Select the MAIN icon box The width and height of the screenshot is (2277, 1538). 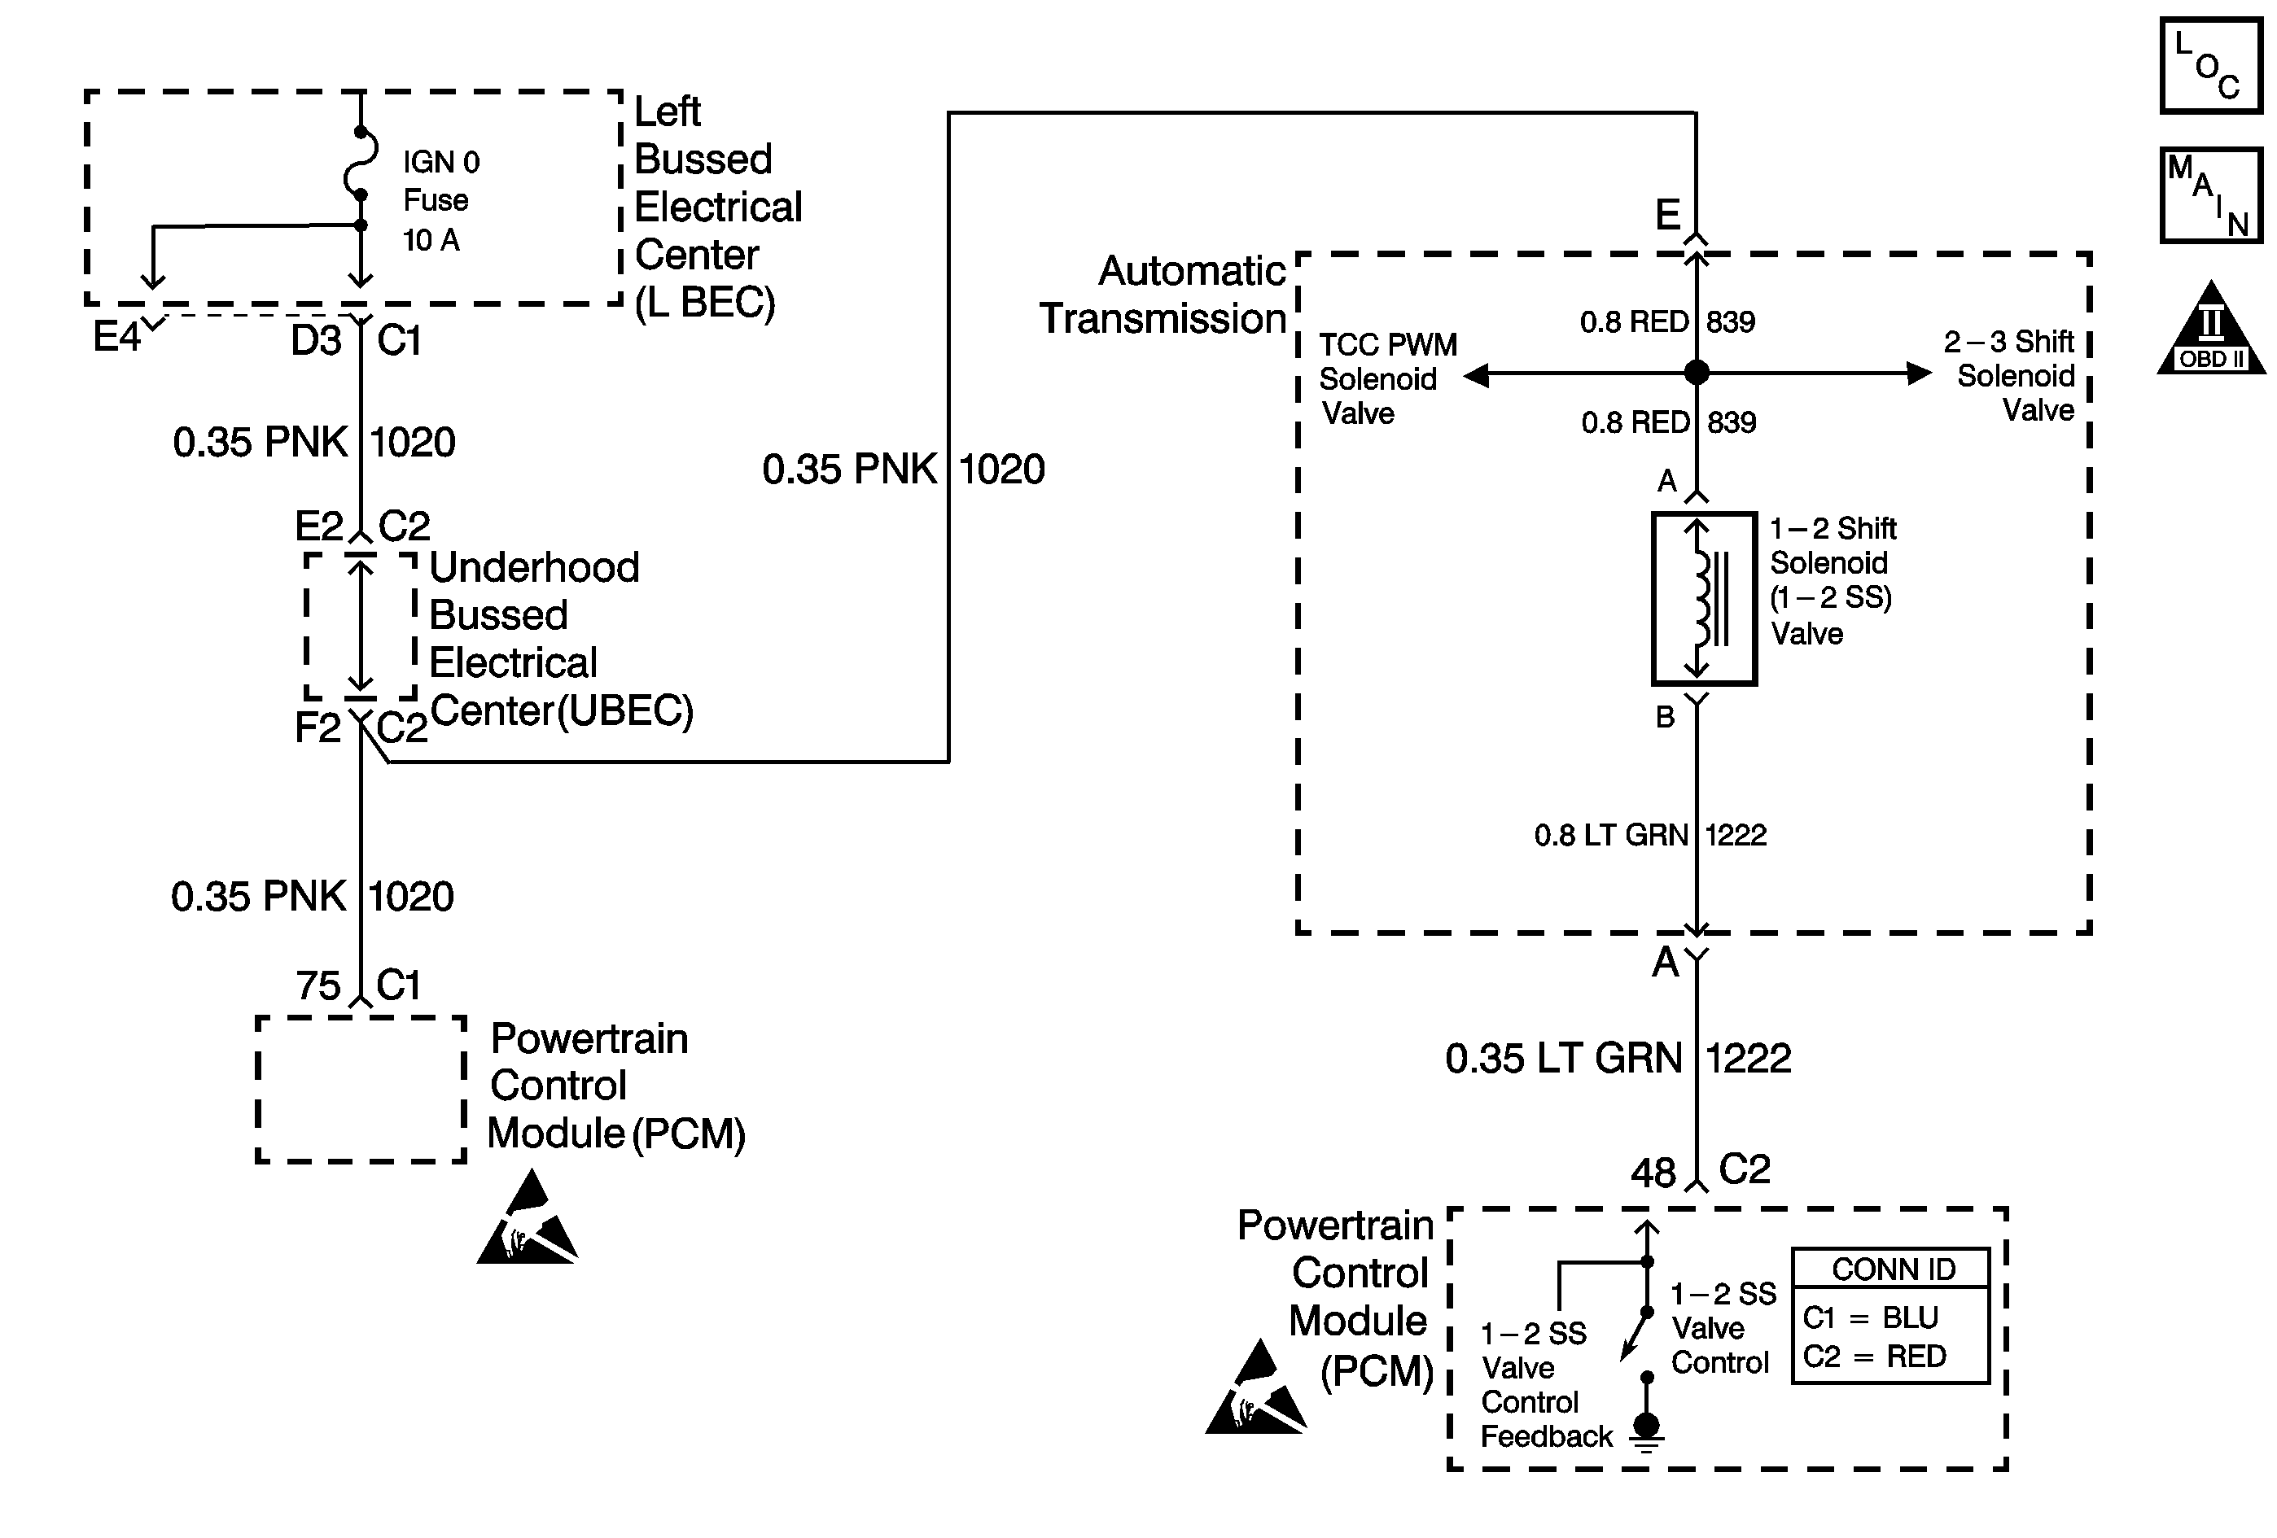point(2210,195)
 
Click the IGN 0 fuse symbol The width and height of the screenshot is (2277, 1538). point(361,164)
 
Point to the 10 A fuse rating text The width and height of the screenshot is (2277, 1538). point(431,240)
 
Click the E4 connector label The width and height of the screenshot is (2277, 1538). point(116,338)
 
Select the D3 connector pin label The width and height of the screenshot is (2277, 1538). point(316,341)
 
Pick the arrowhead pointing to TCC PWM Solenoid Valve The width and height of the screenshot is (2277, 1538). point(1477,375)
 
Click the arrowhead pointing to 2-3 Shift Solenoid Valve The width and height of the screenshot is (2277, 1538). point(1919,374)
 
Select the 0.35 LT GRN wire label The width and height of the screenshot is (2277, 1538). point(1563,1059)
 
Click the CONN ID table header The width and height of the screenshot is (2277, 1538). point(1893,1269)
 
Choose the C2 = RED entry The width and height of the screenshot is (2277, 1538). point(1873,1357)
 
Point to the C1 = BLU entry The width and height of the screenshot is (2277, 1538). point(1869,1317)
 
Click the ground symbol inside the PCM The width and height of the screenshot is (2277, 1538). point(1647,1431)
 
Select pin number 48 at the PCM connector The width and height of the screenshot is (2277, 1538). point(1653,1173)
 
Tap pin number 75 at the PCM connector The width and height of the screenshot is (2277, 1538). point(318,985)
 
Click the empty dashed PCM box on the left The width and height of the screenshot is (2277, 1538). point(361,1090)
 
